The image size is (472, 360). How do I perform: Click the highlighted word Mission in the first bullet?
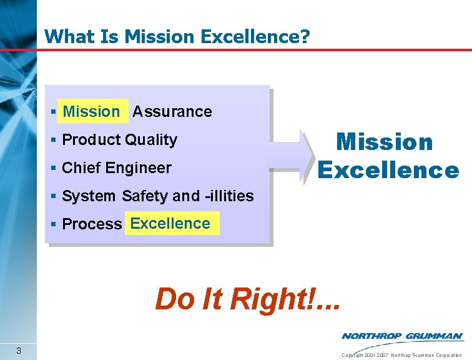[x=91, y=112]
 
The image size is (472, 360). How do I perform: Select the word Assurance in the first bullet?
[x=172, y=112]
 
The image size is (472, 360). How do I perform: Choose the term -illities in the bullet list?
[x=229, y=196]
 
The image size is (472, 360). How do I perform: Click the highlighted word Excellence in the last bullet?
[x=170, y=224]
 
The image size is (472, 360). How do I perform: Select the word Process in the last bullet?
[x=92, y=224]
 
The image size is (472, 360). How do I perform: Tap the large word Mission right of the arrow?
[x=385, y=142]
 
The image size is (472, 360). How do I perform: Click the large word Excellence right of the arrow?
[x=388, y=169]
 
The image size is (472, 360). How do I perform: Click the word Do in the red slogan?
[x=174, y=299]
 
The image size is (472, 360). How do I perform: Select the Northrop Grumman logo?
[x=402, y=336]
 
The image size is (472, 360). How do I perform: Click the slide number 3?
[x=19, y=350]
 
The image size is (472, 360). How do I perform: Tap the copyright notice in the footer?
[x=401, y=355]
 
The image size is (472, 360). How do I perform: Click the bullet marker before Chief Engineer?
[x=55, y=168]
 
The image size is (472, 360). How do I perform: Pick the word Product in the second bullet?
[x=92, y=140]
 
